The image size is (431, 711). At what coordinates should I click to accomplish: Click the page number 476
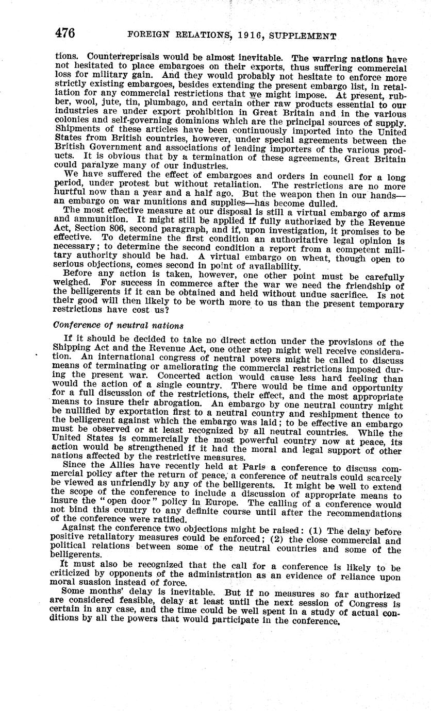[65, 34]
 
